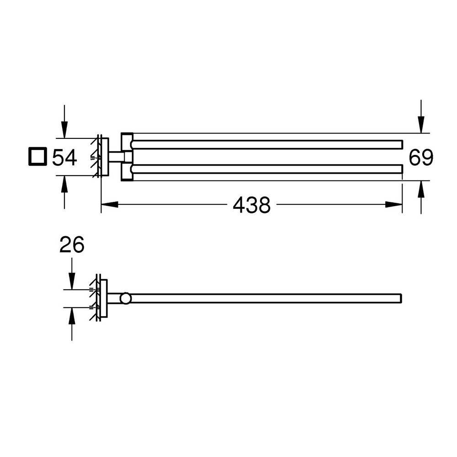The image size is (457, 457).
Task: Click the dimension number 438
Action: click(251, 205)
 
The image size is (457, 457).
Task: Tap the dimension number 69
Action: click(421, 157)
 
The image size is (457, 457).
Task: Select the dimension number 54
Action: click(64, 157)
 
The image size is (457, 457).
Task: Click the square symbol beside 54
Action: click(37, 156)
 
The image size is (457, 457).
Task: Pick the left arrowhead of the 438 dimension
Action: click(110, 205)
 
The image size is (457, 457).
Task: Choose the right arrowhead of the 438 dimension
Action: click(394, 205)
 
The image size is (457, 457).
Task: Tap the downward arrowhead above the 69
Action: click(421, 125)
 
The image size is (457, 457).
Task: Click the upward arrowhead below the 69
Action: click(421, 189)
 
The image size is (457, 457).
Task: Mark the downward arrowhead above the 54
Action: click(64, 130)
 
